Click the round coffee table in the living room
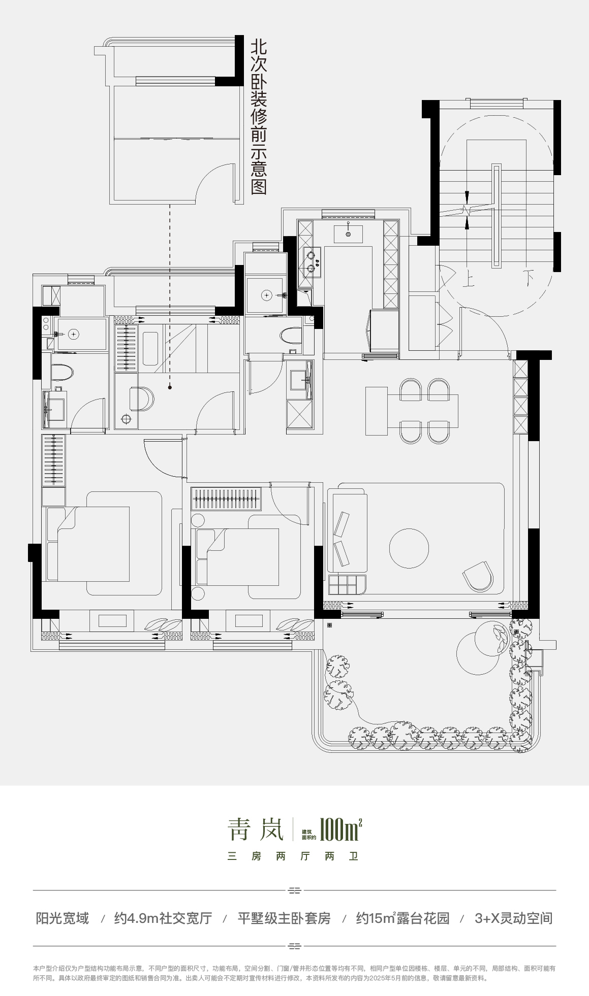coord(409,548)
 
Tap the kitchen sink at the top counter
coord(348,234)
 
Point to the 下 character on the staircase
coord(530,279)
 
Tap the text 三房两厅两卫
coord(294,856)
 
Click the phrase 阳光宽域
coord(63,918)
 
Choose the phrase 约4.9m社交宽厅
coord(163,918)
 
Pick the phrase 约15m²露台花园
coord(403,918)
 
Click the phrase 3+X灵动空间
coord(513,918)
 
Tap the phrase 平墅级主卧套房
coord(284,918)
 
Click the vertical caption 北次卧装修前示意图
coord(259,117)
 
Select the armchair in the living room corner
coord(478,576)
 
